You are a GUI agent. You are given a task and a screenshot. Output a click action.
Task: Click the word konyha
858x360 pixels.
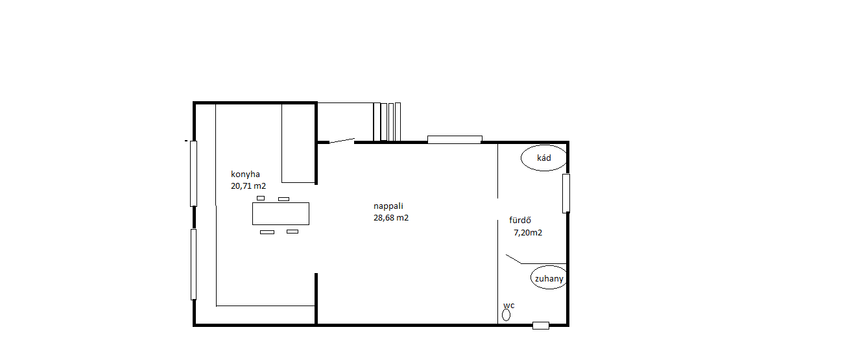click(x=245, y=174)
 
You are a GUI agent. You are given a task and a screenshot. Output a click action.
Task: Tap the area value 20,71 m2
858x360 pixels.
click(x=248, y=186)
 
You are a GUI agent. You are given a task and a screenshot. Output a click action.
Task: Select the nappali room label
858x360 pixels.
click(x=388, y=206)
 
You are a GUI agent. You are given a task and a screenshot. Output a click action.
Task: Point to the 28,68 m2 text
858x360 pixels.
click(x=390, y=218)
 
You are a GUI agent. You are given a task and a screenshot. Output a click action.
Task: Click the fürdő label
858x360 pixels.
click(x=519, y=220)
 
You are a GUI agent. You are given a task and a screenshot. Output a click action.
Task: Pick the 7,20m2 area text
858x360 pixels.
click(x=528, y=232)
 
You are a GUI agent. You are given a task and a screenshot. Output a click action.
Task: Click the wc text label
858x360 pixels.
click(x=508, y=306)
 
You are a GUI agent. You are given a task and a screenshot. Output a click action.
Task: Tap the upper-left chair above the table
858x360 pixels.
click(x=261, y=198)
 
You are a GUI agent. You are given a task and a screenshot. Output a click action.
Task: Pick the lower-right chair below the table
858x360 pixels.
click(x=292, y=232)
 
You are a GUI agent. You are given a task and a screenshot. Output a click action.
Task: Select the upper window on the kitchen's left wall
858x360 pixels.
click(x=193, y=173)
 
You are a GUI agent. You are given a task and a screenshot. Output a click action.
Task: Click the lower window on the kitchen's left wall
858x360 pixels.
click(x=193, y=264)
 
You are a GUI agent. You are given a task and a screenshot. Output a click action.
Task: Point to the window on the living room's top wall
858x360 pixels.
click(x=455, y=139)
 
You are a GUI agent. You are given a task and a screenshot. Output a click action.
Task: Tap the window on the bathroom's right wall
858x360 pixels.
click(x=566, y=193)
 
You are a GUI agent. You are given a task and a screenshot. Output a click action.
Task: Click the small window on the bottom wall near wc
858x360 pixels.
click(x=541, y=326)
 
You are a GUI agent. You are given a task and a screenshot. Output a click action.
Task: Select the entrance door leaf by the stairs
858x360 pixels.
click(x=342, y=141)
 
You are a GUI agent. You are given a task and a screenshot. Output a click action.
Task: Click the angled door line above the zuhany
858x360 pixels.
click(x=513, y=259)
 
